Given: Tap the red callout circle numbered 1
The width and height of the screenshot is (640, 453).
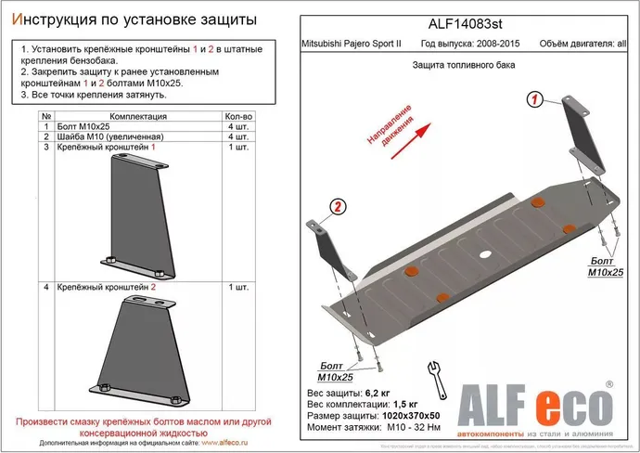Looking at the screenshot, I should pos(535,100).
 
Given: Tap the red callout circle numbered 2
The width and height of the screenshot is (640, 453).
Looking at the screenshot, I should pos(338,206).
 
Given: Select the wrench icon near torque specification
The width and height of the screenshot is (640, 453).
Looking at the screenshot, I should pos(432,374).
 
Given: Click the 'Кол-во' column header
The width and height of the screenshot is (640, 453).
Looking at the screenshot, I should pos(239,117).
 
